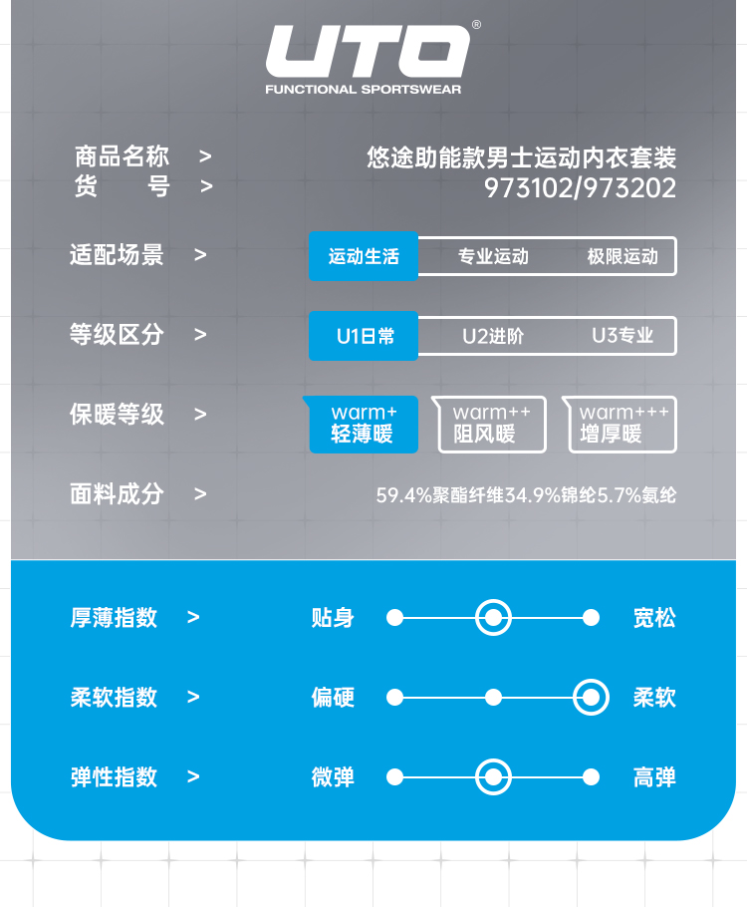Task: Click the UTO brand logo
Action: click(x=366, y=53)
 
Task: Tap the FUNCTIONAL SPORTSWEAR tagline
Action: click(x=364, y=90)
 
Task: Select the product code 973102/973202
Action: click(x=580, y=188)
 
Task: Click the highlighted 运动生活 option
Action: click(x=364, y=256)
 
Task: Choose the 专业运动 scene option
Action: click(x=493, y=256)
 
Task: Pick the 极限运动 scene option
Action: click(x=622, y=256)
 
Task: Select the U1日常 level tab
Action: click(x=365, y=336)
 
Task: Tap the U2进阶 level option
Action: click(x=493, y=336)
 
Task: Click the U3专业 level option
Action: click(x=622, y=336)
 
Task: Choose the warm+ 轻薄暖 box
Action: click(x=364, y=424)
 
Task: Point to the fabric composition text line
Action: click(x=526, y=494)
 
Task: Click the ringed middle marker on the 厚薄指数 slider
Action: click(x=493, y=618)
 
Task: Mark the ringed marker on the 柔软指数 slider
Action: click(x=591, y=697)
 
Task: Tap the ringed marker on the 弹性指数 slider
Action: click(x=493, y=777)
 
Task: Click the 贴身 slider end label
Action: click(x=333, y=618)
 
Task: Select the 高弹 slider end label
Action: click(x=654, y=777)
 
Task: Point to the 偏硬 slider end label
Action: click(x=333, y=697)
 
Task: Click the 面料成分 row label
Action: click(x=117, y=493)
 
